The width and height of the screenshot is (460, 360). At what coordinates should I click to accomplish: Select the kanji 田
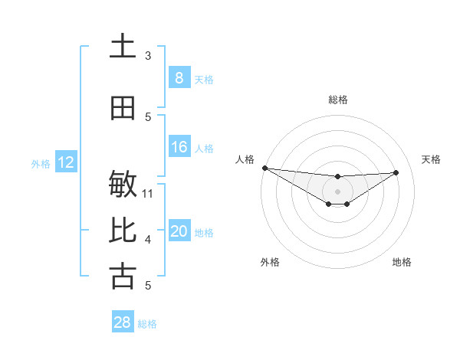pyautogui.click(x=123, y=109)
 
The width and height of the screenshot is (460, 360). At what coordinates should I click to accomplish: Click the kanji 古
pyautogui.click(x=123, y=277)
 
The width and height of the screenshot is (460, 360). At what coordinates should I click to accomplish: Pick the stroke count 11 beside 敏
pyautogui.click(x=148, y=193)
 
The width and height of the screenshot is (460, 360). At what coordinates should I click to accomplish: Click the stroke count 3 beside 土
pyautogui.click(x=148, y=56)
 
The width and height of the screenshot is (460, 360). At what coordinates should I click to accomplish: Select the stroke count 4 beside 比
pyautogui.click(x=148, y=240)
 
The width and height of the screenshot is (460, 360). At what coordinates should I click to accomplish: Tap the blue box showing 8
pyautogui.click(x=179, y=78)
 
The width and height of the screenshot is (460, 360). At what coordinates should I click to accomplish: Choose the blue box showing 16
pyautogui.click(x=179, y=147)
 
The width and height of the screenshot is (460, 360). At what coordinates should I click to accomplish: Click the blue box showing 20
pyautogui.click(x=179, y=231)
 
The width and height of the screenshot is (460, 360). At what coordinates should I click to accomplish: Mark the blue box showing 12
pyautogui.click(x=65, y=162)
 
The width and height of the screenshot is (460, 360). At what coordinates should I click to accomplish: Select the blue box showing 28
pyautogui.click(x=122, y=322)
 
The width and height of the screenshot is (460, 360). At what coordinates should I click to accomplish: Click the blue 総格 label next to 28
pyautogui.click(x=147, y=324)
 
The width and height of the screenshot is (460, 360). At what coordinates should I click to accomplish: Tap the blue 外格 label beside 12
pyautogui.click(x=41, y=163)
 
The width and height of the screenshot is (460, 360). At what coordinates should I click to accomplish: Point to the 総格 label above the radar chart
pyautogui.click(x=337, y=100)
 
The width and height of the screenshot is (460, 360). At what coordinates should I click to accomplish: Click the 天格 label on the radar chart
pyautogui.click(x=431, y=159)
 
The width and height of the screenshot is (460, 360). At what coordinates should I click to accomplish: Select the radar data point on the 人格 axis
pyautogui.click(x=264, y=168)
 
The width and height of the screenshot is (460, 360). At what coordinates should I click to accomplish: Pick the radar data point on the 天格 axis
pyautogui.click(x=396, y=172)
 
